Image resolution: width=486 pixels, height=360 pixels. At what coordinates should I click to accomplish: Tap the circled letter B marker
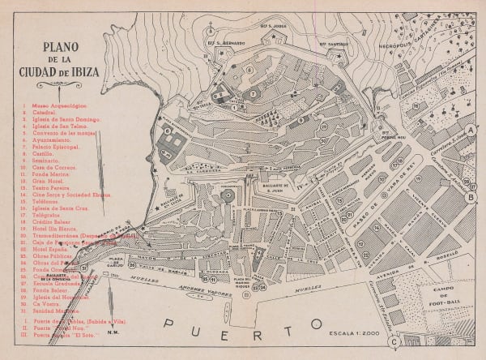(x=472, y=195)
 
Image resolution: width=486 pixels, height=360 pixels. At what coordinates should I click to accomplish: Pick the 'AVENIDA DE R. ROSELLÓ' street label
(x=418, y=260)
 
